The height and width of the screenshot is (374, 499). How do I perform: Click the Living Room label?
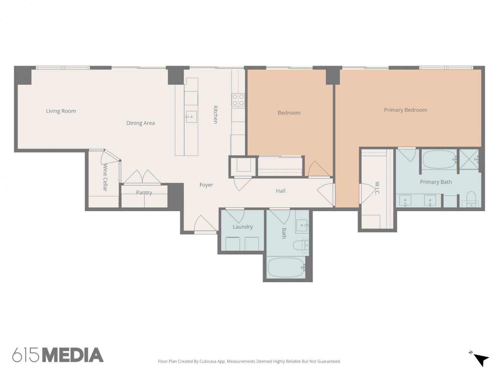click(61, 111)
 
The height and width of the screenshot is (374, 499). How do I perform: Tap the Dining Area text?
click(140, 123)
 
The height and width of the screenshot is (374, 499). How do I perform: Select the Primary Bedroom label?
click(405, 110)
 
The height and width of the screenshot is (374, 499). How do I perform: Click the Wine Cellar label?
click(105, 177)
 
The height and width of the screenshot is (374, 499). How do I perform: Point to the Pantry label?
click(144, 192)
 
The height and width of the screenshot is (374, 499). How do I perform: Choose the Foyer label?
click(206, 185)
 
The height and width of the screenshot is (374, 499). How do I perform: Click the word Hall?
click(280, 191)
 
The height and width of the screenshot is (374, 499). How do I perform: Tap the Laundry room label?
click(243, 227)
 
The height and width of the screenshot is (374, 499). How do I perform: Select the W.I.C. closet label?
click(377, 188)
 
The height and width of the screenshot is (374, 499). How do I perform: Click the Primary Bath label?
click(435, 182)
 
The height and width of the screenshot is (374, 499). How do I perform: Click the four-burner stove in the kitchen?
click(238, 100)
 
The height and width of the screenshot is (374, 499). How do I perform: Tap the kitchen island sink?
click(191, 117)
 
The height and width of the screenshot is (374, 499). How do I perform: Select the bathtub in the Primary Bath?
click(439, 160)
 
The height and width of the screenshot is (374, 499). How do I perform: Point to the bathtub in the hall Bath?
click(286, 268)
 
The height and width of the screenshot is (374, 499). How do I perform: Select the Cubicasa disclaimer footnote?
click(249, 361)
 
